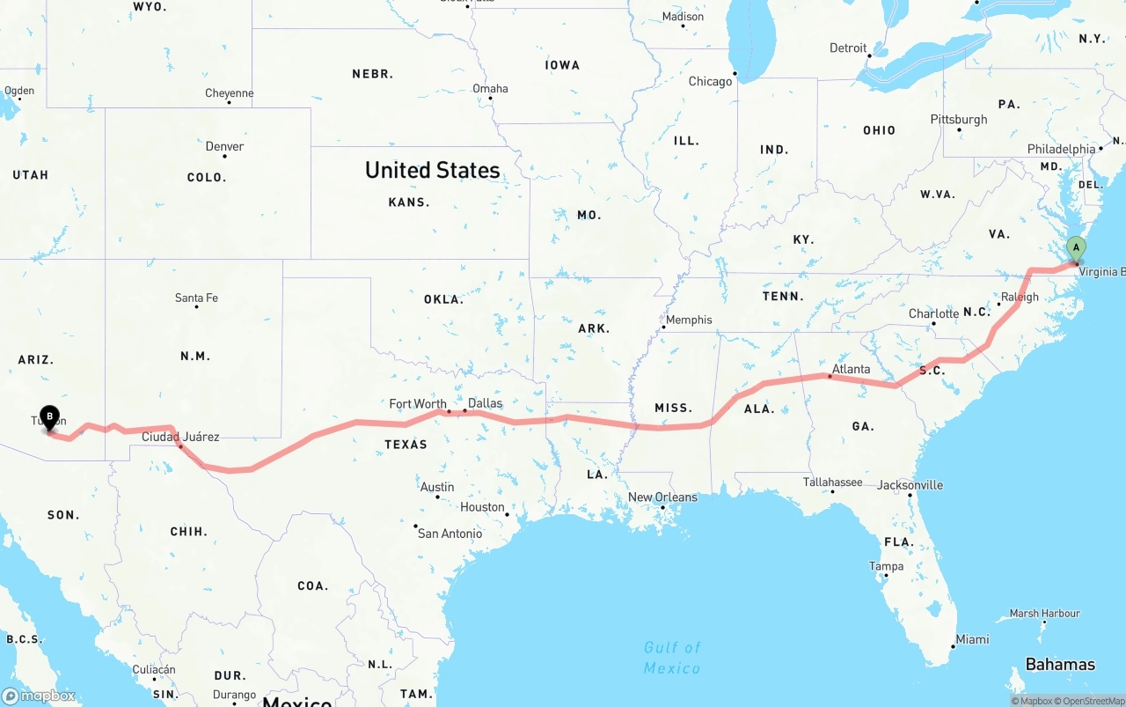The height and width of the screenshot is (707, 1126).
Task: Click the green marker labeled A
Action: tap(1075, 249)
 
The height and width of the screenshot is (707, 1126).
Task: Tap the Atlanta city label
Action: tap(851, 369)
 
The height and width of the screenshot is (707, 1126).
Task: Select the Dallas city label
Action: tap(485, 403)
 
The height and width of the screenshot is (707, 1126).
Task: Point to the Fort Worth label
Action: tap(418, 404)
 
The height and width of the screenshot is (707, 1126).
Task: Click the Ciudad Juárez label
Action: tap(180, 437)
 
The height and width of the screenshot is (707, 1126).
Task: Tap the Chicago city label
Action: tap(710, 82)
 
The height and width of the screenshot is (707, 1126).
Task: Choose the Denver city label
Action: tap(224, 146)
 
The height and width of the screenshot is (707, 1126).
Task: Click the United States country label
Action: tap(432, 170)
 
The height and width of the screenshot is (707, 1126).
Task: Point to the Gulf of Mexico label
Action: tap(672, 658)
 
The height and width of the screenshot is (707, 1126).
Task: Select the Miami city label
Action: tap(972, 639)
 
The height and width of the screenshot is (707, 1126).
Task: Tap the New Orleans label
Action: tap(662, 497)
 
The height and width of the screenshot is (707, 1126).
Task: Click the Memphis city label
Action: tap(689, 320)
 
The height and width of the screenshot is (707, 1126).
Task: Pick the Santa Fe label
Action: tap(196, 298)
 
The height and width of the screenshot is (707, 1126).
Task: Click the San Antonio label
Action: tap(450, 534)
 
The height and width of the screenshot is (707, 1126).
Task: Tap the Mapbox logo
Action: tap(39, 696)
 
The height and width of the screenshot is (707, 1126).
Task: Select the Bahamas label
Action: tap(1060, 664)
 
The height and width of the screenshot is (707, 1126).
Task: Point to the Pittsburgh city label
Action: tap(959, 120)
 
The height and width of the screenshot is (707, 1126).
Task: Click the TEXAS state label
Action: tap(406, 445)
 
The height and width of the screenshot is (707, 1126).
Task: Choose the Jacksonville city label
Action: tap(910, 485)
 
